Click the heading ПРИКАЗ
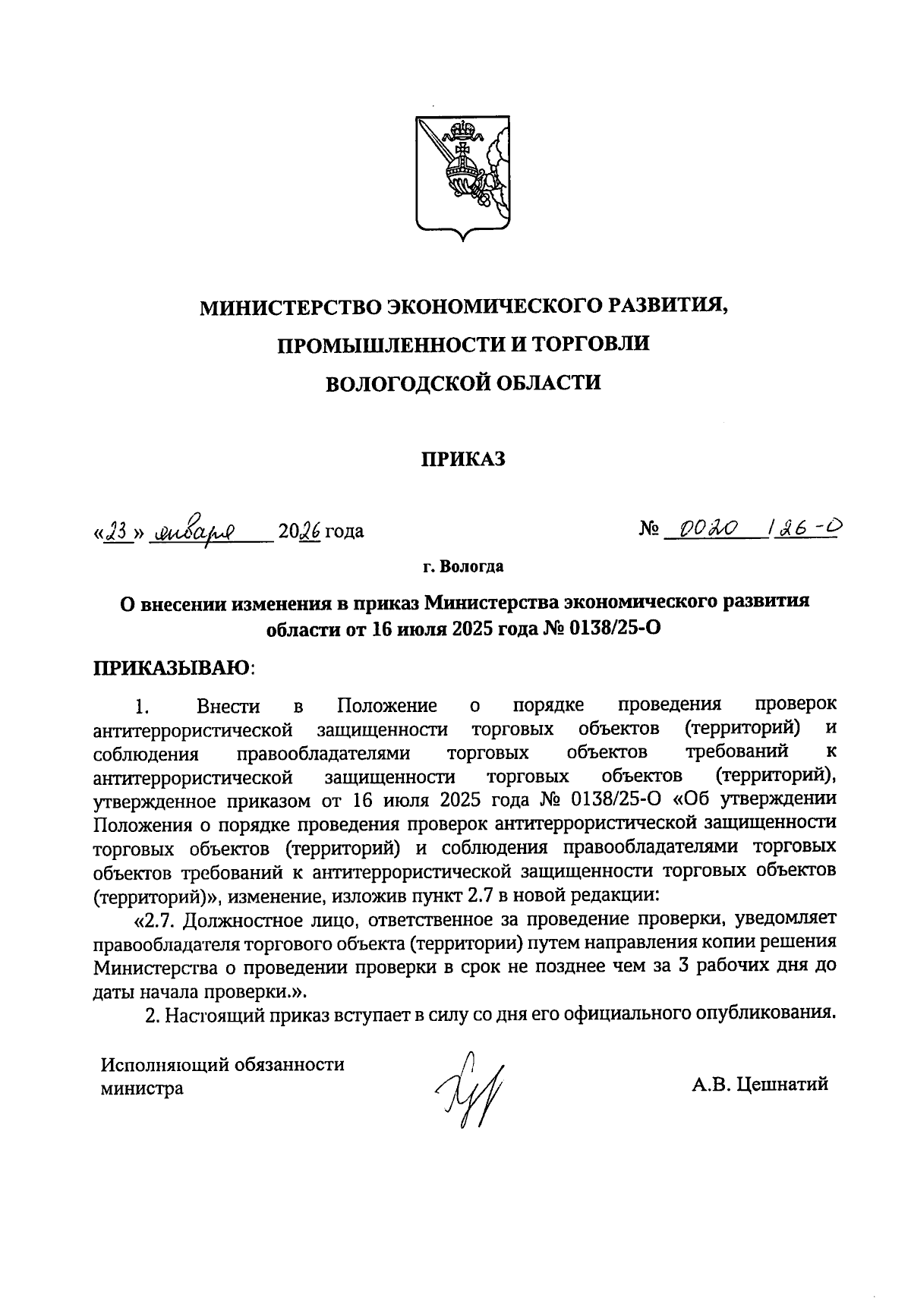[x=462, y=459]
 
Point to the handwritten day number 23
[x=116, y=531]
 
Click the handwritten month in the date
[x=196, y=531]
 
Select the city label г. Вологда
[x=462, y=566]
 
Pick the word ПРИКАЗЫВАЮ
[x=172, y=668]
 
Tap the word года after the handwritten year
[x=344, y=531]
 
